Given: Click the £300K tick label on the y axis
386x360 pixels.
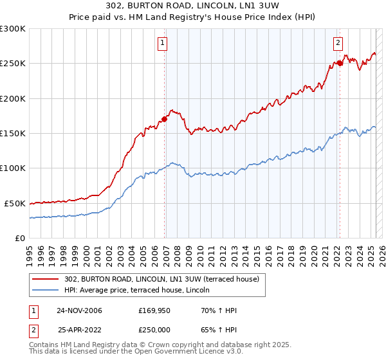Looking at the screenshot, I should point(13,29).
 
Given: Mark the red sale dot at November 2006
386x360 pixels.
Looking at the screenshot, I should point(165,119).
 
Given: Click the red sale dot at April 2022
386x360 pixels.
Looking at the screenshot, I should point(340,63).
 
